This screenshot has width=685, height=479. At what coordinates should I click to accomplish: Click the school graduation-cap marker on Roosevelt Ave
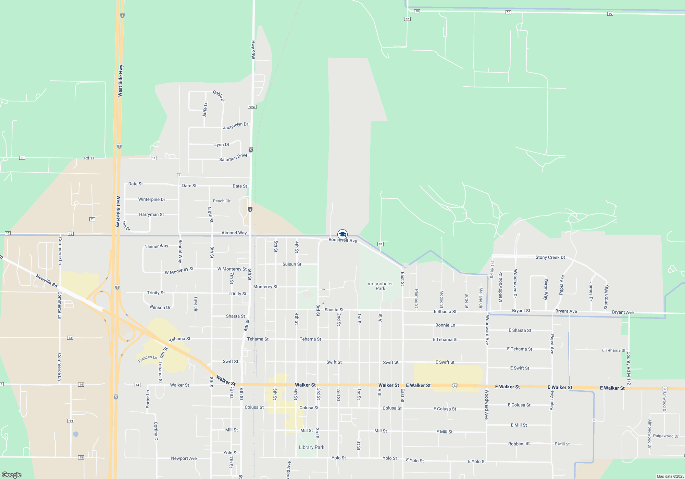pos(342,234)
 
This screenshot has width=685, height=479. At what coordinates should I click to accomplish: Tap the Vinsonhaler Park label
pos(380,286)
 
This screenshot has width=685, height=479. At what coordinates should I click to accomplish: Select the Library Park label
pos(311,447)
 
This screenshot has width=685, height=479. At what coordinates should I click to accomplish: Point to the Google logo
pos(12,475)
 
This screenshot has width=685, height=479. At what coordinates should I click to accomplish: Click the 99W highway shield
pos(252,107)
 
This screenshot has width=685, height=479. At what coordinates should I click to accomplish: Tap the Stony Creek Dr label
pos(550,257)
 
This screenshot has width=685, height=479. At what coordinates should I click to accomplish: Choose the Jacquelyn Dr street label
pos(235,126)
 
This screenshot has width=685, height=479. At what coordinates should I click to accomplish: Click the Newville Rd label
pos(47,281)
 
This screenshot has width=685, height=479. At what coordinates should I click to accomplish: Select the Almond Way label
pos(234,233)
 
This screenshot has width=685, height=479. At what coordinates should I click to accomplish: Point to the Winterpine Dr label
pos(151,199)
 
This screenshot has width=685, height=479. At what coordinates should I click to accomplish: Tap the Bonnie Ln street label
pos(445,325)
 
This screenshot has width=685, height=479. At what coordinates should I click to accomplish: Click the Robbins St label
pos(519,444)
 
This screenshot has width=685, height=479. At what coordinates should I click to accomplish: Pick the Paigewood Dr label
pos(665,436)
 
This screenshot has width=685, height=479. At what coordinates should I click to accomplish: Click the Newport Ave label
pos(184,458)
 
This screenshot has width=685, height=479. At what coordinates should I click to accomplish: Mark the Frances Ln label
pos(148,358)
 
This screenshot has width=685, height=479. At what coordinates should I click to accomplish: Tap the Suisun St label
pos(292,264)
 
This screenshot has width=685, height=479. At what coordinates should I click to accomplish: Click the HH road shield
pos(71,421)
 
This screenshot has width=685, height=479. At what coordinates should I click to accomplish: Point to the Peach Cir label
pos(222,201)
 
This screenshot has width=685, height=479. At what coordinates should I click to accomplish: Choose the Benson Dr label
pos(160,307)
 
